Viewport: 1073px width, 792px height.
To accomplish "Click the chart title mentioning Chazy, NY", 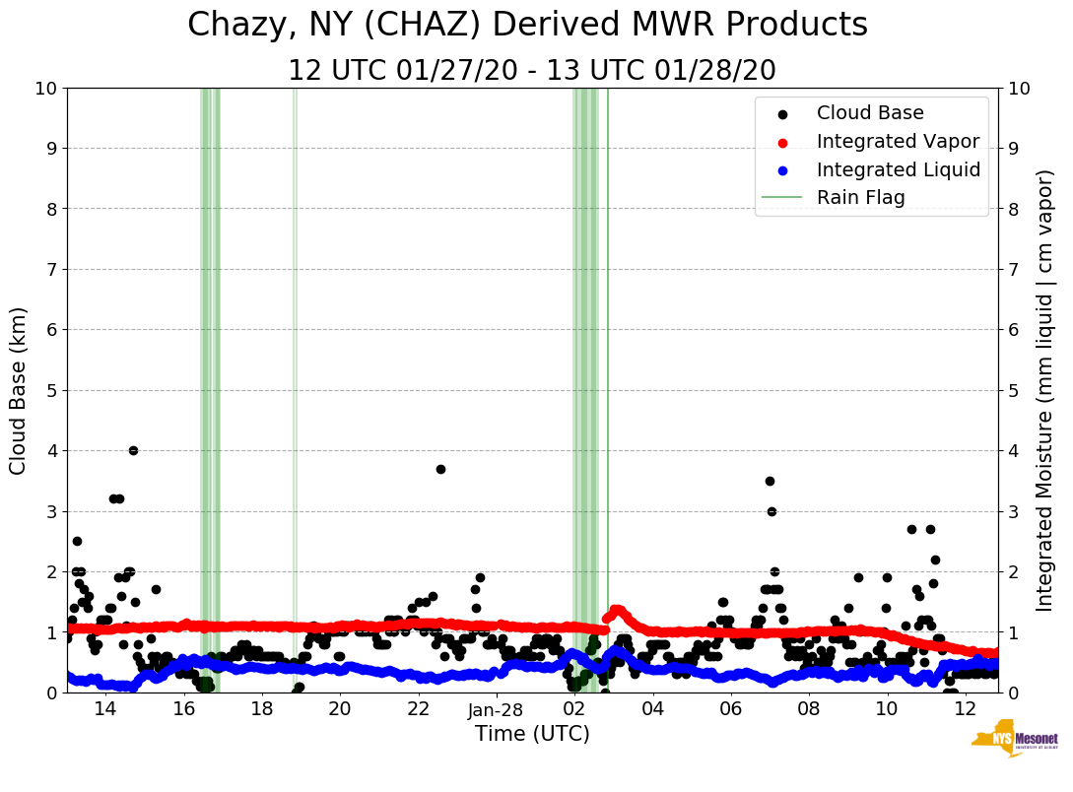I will click(x=527, y=25).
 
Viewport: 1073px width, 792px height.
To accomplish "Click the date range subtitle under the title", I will click(x=532, y=71).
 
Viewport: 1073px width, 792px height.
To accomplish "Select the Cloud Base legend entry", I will click(x=870, y=113).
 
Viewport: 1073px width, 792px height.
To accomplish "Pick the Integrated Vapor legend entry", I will click(x=898, y=142).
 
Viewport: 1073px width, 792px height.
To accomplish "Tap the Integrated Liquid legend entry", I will click(x=899, y=170).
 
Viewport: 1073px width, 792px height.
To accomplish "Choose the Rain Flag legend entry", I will click(x=860, y=198).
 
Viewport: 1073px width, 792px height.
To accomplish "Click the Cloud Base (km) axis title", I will click(x=19, y=390).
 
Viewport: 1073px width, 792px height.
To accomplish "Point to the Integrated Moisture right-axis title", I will click(x=1046, y=390).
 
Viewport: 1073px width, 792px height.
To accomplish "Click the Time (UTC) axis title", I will click(x=532, y=734).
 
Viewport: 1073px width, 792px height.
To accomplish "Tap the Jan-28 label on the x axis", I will click(x=496, y=710).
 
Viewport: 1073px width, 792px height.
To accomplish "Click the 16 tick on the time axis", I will click(x=184, y=709).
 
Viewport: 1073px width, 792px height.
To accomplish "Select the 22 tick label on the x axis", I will click(x=418, y=709).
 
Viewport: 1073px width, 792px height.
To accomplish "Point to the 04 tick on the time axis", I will click(x=652, y=709).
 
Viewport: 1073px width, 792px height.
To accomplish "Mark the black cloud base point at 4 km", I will click(x=133, y=450).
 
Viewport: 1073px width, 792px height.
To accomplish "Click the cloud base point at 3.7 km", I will click(x=440, y=469).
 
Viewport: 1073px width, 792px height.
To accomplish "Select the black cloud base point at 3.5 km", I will click(x=770, y=481).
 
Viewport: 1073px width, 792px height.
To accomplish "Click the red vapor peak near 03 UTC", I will click(x=617, y=609).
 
